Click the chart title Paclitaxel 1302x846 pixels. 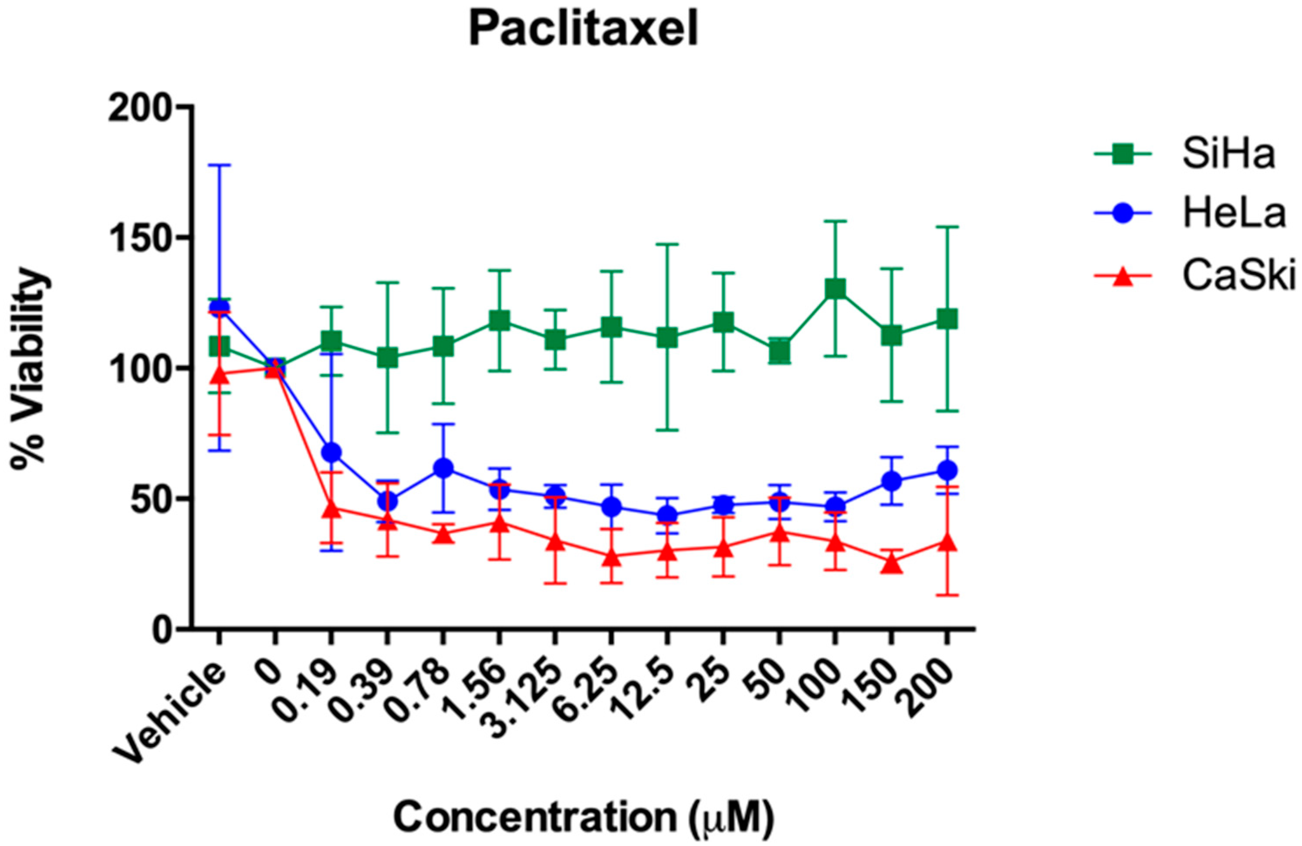point(584,30)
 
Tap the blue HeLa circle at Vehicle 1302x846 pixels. point(220,307)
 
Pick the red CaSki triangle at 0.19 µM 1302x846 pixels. point(331,509)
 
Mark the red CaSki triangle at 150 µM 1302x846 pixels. point(892,563)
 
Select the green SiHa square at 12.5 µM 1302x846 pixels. point(667,337)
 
